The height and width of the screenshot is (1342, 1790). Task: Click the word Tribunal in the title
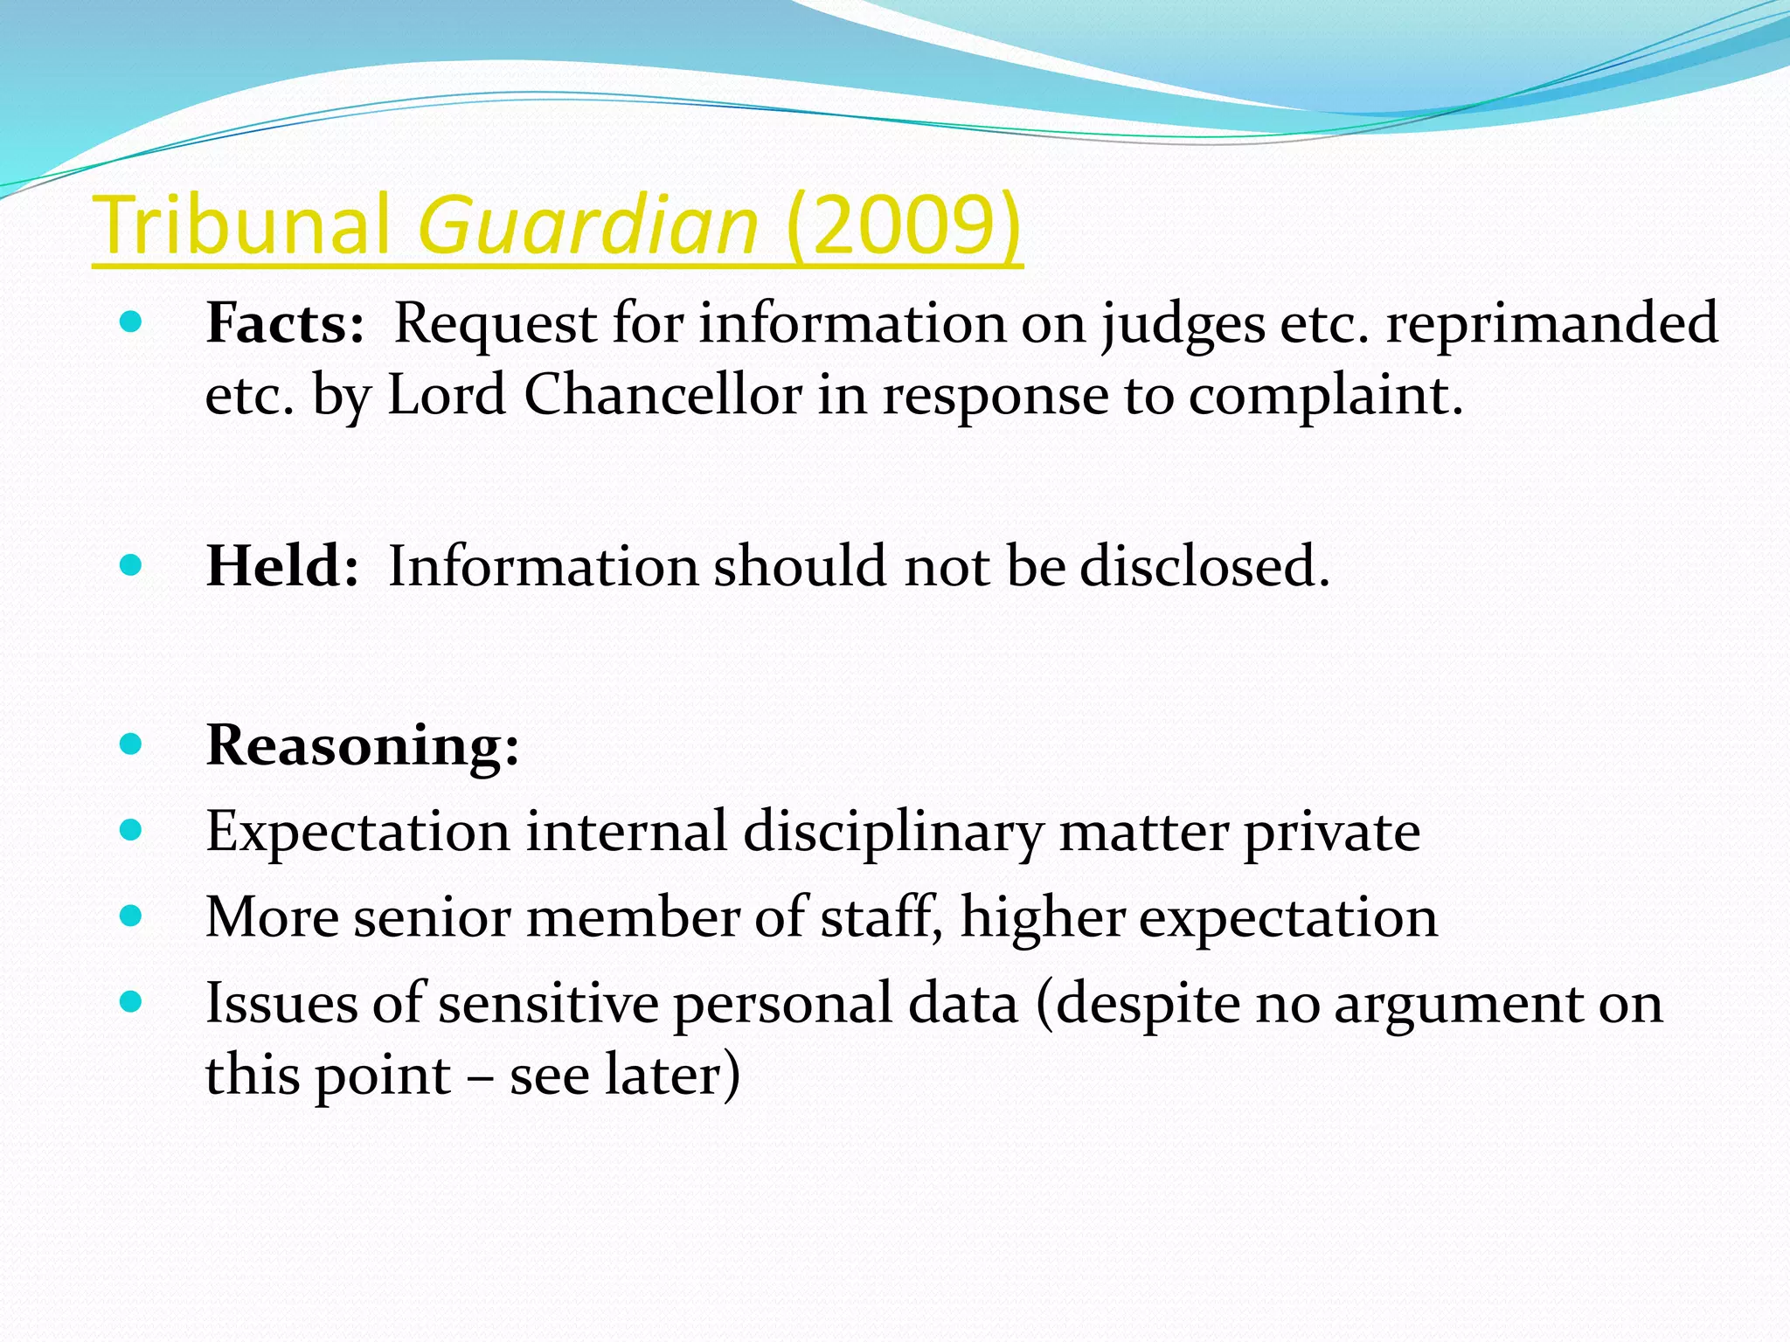click(x=241, y=225)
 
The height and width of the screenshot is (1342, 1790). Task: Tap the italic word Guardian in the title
click(x=588, y=225)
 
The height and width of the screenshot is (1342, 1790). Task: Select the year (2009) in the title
click(x=904, y=225)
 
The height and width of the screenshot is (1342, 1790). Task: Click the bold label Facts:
click(x=285, y=323)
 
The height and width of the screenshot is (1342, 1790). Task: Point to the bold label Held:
click(x=282, y=566)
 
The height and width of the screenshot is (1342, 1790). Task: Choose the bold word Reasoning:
click(x=363, y=745)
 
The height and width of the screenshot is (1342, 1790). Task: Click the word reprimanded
click(x=1552, y=323)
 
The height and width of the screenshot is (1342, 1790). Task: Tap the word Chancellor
click(x=663, y=395)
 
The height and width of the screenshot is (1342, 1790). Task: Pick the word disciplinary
click(x=894, y=832)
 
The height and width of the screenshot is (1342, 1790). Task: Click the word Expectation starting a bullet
click(x=357, y=832)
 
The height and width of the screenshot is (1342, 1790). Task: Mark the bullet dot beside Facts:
click(x=130, y=323)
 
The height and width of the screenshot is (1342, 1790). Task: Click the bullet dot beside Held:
click(x=130, y=565)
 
